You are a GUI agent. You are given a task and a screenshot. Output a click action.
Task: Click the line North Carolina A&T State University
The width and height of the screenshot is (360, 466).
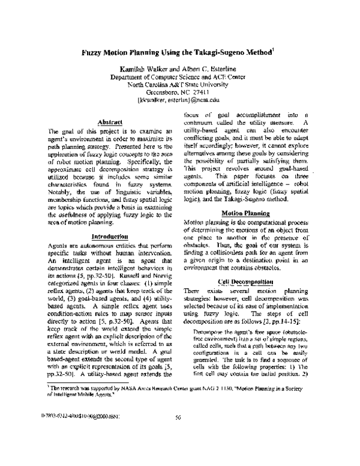(x=179, y=85)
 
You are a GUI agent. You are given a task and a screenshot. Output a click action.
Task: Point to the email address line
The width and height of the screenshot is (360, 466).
(x=179, y=101)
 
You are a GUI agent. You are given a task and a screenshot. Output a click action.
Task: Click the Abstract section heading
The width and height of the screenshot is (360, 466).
(x=101, y=122)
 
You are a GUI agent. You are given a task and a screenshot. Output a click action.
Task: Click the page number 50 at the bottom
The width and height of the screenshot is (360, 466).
(x=179, y=432)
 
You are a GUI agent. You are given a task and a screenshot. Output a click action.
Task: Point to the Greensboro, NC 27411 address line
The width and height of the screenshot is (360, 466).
(x=179, y=93)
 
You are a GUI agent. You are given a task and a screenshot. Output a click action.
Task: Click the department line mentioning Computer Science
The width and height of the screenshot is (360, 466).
(x=179, y=77)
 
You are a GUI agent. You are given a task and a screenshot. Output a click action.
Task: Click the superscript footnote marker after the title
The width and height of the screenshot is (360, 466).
(x=274, y=50)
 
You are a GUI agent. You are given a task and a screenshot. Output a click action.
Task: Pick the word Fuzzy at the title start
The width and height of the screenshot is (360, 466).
(x=94, y=52)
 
